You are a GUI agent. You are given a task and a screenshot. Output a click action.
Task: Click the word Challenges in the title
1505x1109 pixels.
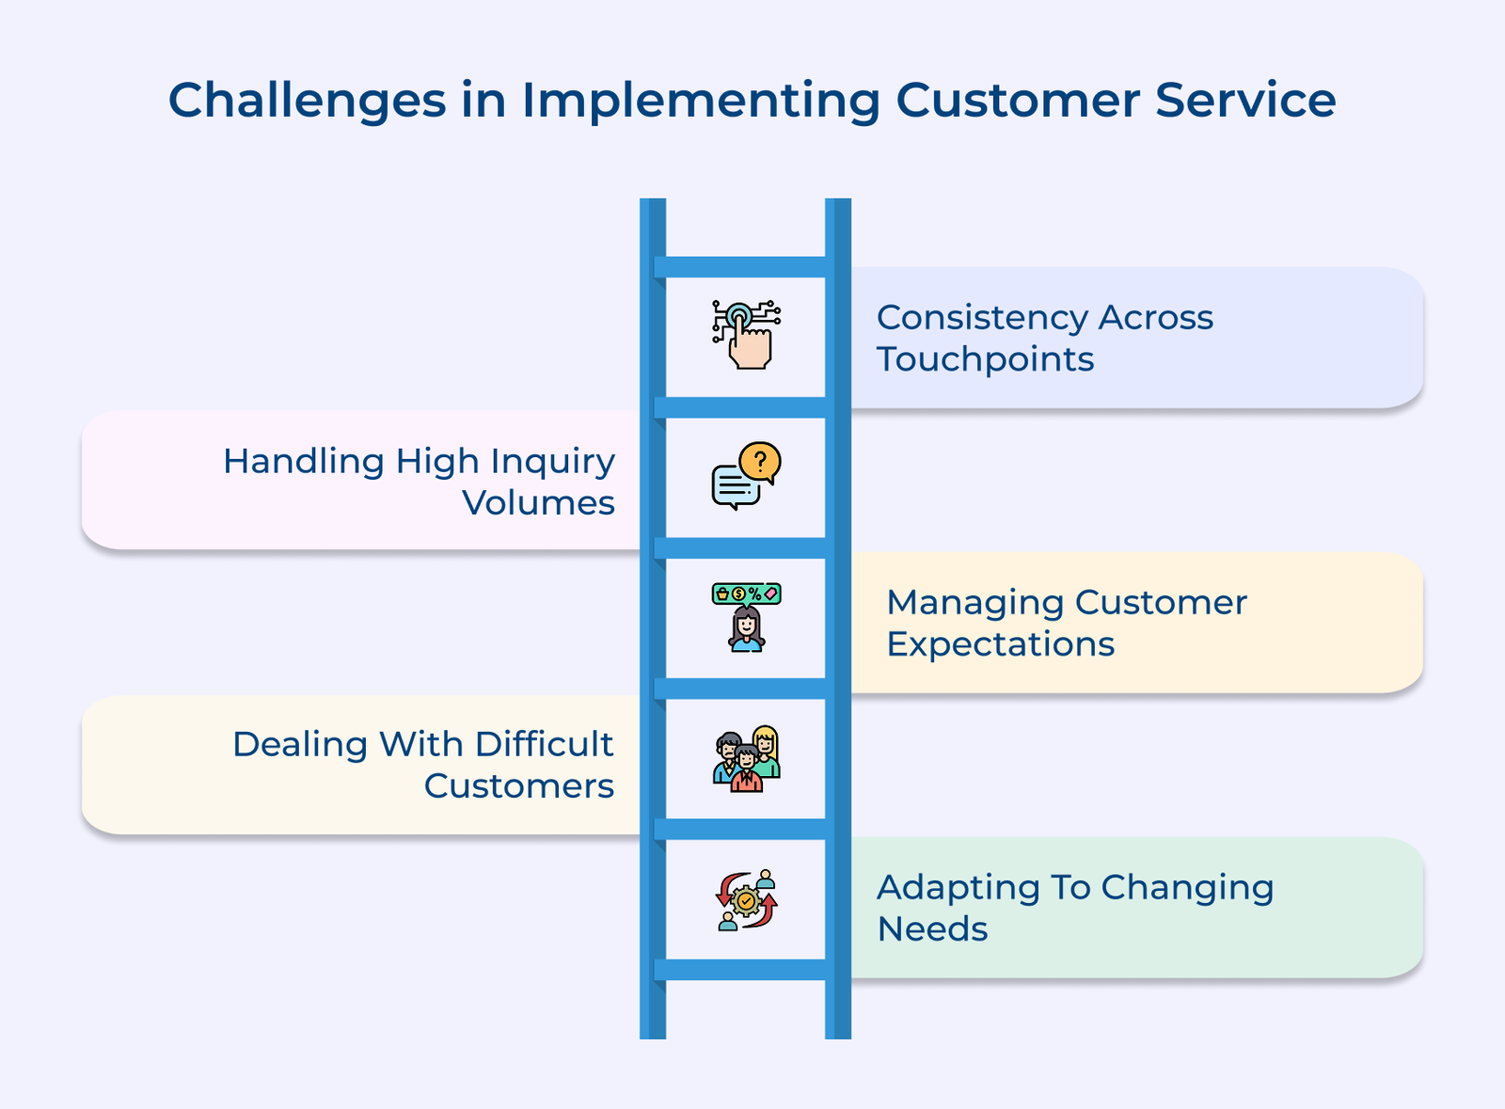coord(307,102)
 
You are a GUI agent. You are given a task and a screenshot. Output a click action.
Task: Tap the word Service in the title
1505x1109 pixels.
coord(1245,100)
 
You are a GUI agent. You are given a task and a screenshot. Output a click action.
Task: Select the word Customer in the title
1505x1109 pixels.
coord(1018,100)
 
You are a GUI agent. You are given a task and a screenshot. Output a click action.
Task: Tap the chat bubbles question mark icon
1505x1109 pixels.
coord(746,476)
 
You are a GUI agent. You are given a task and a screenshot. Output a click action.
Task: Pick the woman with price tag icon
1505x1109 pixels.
coord(746,617)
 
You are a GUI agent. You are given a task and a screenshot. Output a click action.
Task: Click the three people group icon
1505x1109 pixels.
coord(746,759)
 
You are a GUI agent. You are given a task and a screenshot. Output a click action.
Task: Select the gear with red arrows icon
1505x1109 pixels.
coord(746,900)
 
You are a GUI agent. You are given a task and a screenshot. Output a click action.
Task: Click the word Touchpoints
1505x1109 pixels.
coord(985,360)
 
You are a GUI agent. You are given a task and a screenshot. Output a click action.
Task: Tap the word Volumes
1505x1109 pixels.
coord(538,503)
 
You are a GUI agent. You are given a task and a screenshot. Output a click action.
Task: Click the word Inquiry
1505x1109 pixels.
coord(552,463)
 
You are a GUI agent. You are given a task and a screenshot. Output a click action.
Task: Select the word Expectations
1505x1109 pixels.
coord(1000,645)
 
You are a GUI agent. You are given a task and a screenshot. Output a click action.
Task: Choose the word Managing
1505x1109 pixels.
coord(974,604)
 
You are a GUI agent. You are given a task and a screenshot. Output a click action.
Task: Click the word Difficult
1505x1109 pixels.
coord(544,744)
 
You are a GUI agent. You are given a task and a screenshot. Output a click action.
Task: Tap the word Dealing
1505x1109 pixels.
coord(300,745)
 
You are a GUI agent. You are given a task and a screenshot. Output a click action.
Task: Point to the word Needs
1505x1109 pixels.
coord(932,929)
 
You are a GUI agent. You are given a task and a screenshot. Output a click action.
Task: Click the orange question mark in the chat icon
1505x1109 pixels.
coord(760,461)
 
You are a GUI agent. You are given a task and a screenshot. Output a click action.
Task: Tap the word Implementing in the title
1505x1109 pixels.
coord(700,102)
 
